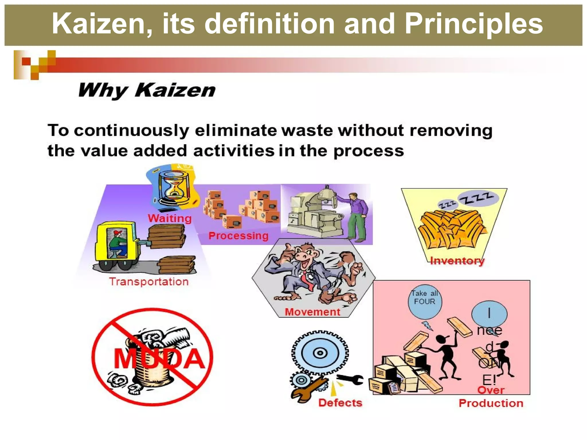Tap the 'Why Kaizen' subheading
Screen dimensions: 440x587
[x=146, y=90]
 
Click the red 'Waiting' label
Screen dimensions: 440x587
[x=170, y=218]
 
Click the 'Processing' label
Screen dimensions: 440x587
[x=238, y=236]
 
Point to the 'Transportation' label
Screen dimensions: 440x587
[x=149, y=282]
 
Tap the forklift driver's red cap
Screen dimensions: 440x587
[x=118, y=232]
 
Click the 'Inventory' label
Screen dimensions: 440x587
[x=457, y=261]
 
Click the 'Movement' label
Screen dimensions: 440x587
[x=312, y=312]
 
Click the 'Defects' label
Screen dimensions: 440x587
[x=340, y=403]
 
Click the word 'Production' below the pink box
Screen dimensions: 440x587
[x=491, y=403]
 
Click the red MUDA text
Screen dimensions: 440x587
[x=159, y=359]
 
